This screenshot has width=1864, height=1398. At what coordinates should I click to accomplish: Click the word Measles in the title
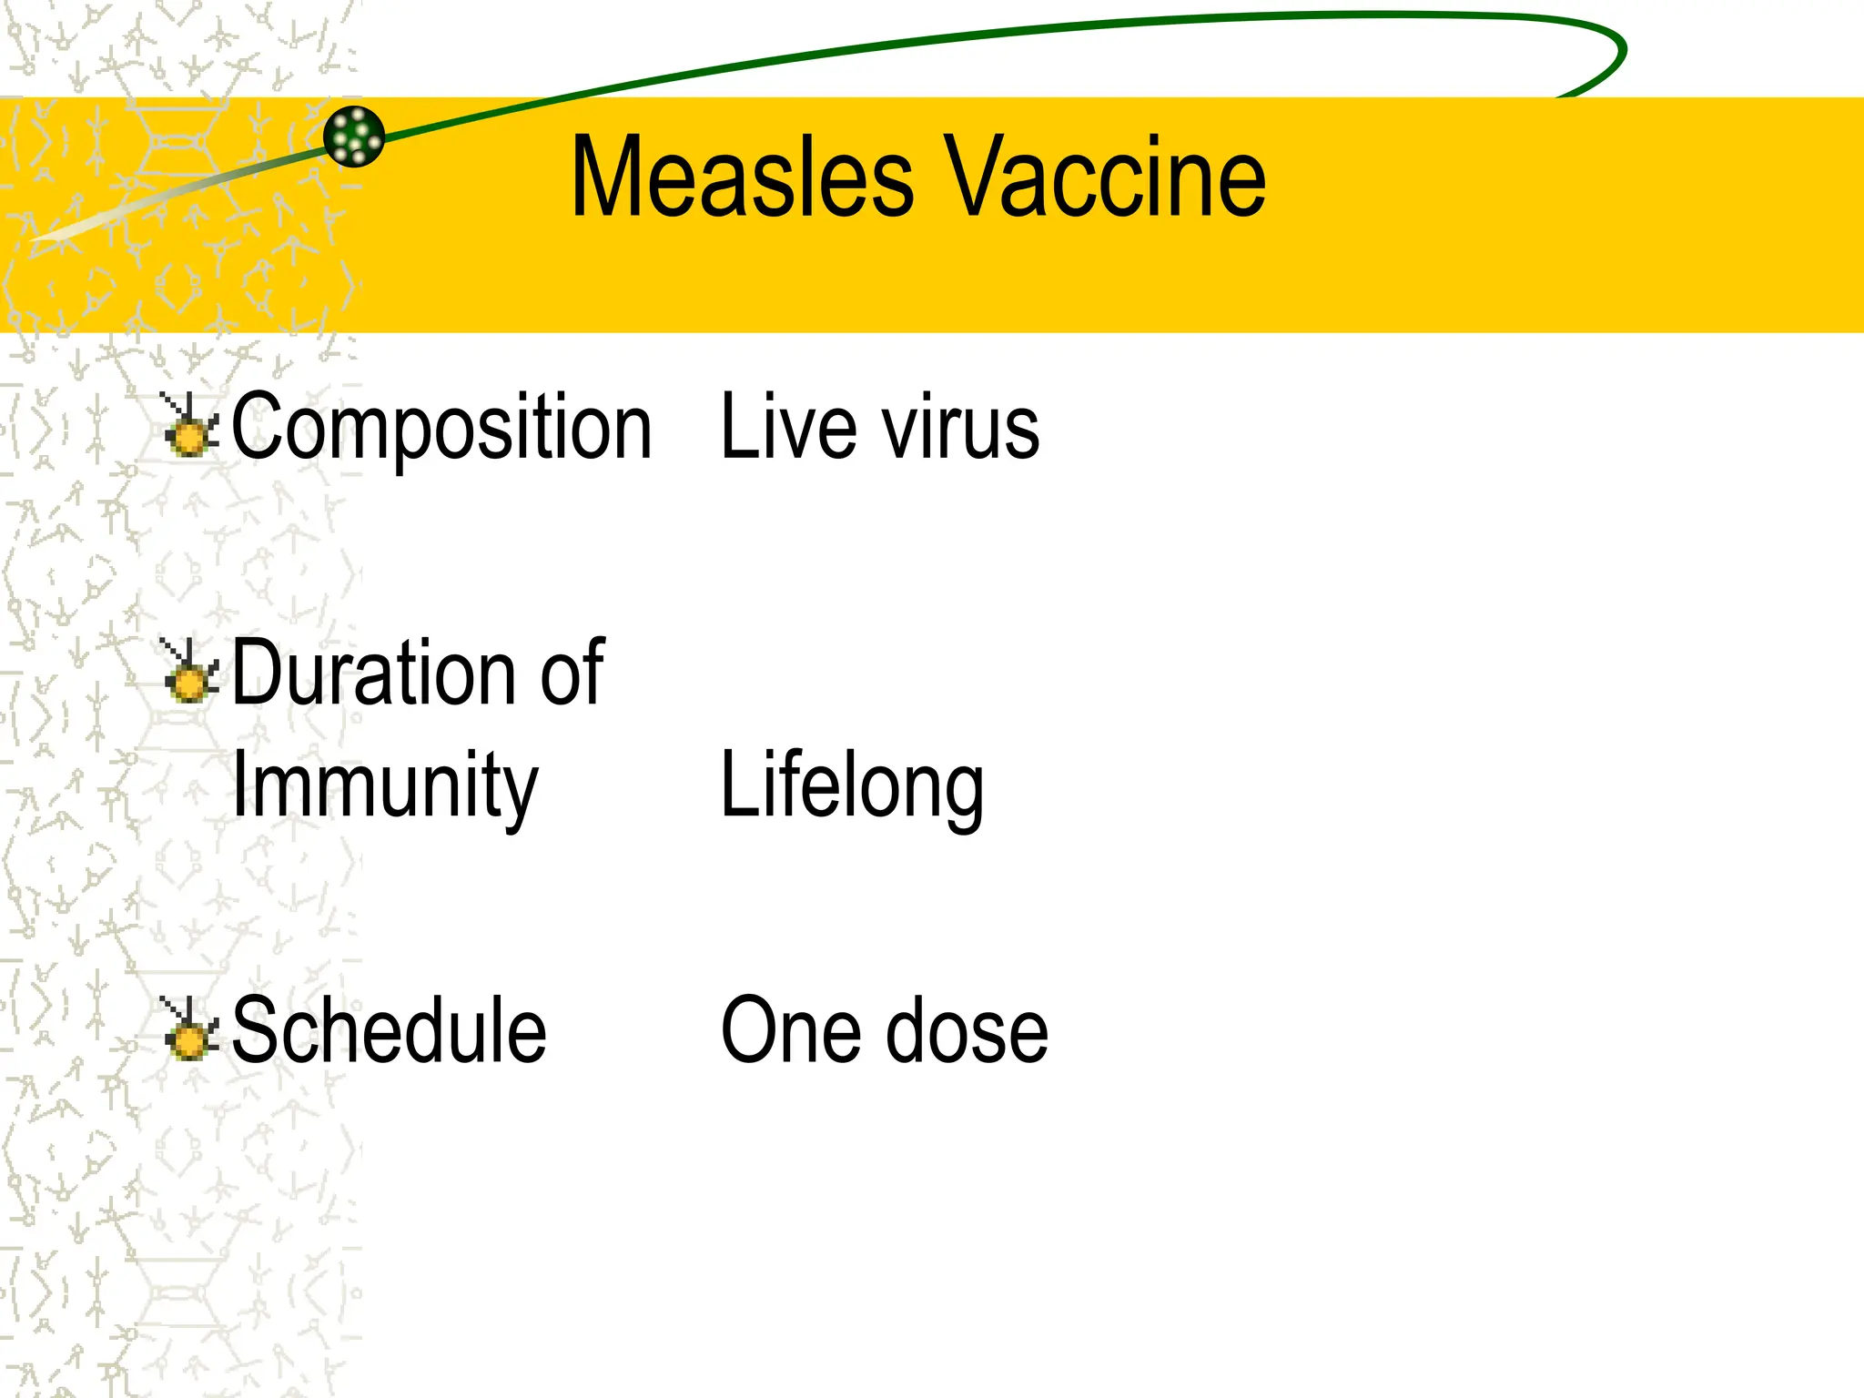coord(742,177)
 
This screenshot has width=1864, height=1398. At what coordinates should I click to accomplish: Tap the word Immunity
coord(385,785)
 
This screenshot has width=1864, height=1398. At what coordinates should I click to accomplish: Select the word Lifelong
coord(852,785)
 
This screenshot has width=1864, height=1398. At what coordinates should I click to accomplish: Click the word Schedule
coord(389,1030)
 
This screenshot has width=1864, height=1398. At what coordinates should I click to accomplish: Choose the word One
coord(788,1030)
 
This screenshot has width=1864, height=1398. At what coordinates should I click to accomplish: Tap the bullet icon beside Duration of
coord(189,674)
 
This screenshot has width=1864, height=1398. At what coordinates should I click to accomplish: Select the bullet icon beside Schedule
coord(189,1031)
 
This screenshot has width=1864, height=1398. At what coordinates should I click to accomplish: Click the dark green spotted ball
coord(354,137)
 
